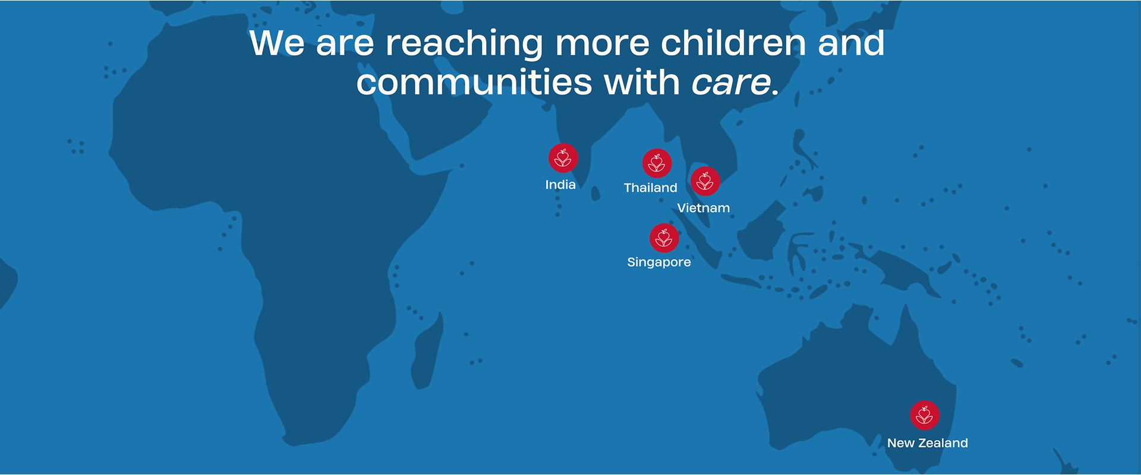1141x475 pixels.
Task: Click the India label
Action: [560, 185]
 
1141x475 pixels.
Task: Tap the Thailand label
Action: [651, 188]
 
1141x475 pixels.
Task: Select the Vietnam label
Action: [704, 208]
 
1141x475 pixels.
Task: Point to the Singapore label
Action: [659, 262]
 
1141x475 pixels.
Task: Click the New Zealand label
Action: [928, 443]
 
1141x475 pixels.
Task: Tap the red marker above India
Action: [563, 159]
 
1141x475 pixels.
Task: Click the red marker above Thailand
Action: [657, 163]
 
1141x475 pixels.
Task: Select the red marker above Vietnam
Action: [705, 181]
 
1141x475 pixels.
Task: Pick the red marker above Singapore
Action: [664, 238]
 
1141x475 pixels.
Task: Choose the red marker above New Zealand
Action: [925, 415]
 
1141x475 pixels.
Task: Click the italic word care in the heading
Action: [731, 83]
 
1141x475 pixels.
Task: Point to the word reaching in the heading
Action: [464, 45]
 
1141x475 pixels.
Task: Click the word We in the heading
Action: [277, 43]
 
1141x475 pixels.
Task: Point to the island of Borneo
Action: [763, 232]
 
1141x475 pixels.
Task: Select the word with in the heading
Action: [642, 82]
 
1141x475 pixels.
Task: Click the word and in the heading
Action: [851, 43]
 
